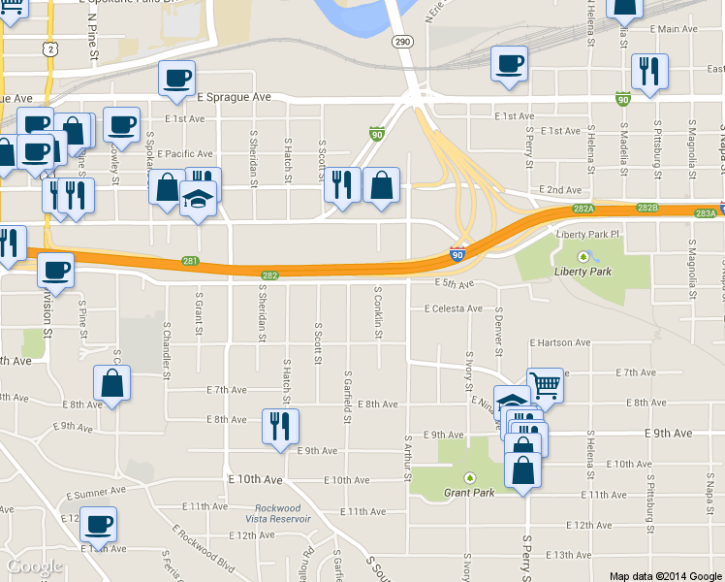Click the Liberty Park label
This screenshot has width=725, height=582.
pos(584,273)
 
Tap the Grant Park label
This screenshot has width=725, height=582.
pos(470,493)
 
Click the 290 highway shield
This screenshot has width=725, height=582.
pos(403,42)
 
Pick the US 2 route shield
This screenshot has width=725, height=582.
pos(48,48)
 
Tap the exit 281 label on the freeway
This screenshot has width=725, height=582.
pos(190,261)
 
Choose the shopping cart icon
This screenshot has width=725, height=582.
pos(545,385)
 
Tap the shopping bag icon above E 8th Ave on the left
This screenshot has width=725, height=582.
pos(112,382)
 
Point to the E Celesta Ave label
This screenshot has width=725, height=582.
pos(453,308)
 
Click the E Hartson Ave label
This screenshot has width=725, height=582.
pos(559,342)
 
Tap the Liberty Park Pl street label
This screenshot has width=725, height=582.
pos(587,235)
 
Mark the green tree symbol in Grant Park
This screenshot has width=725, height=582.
pos(470,478)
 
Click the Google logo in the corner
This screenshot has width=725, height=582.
pos(34,566)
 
